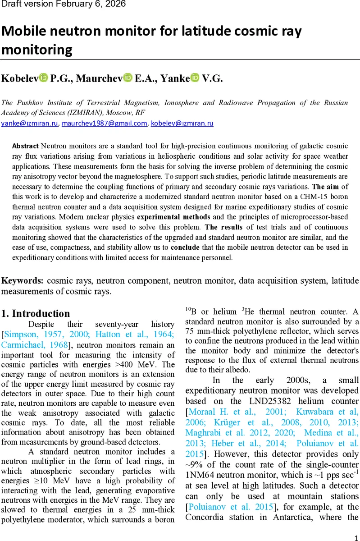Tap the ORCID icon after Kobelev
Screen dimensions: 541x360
click(44, 78)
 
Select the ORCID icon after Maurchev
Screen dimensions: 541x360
click(128, 78)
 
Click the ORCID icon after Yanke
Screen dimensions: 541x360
click(195, 78)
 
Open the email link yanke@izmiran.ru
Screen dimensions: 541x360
click(29, 123)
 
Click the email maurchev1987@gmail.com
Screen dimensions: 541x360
click(105, 123)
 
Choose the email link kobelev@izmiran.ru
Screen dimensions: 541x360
click(182, 123)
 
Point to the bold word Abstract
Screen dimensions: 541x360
click(25, 146)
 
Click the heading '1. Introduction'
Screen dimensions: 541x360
click(36, 314)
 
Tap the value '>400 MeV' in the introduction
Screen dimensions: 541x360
click(139, 365)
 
